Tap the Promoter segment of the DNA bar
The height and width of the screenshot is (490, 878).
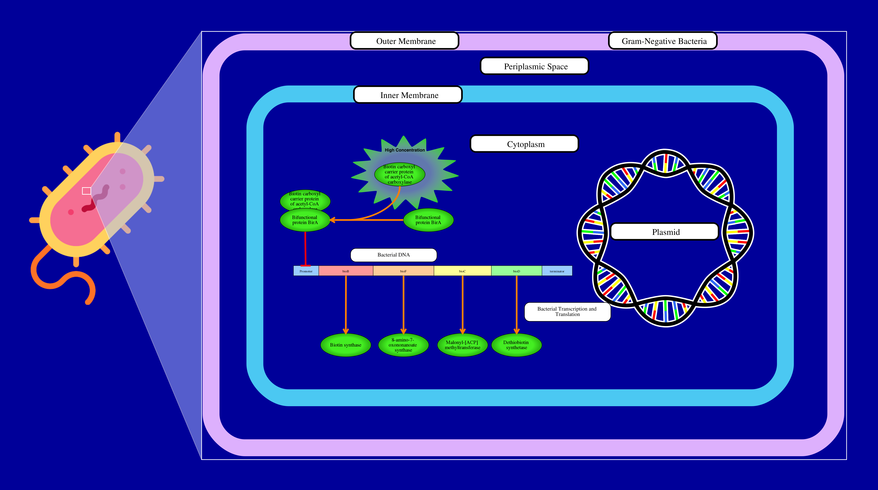(x=306, y=271)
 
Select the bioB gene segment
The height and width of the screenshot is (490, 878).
(x=346, y=271)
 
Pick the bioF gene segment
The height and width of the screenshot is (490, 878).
(x=403, y=271)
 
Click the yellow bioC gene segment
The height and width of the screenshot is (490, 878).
(x=462, y=271)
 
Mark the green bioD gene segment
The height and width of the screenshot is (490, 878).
(x=516, y=271)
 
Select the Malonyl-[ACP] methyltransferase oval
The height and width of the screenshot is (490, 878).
(x=462, y=345)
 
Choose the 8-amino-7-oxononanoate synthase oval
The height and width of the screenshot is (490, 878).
(x=403, y=345)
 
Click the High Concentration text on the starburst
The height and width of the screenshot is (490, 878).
(x=405, y=150)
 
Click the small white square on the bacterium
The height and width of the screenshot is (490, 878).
(x=87, y=191)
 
